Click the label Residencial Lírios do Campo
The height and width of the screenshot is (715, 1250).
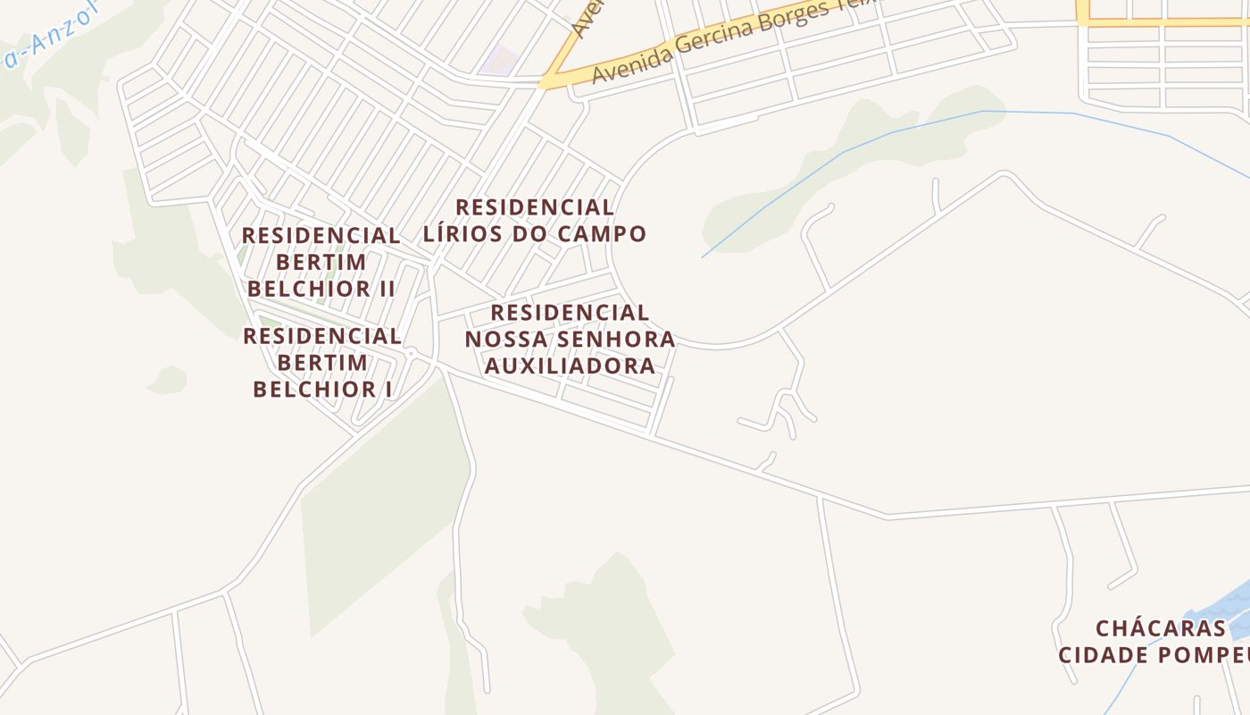coord(534,221)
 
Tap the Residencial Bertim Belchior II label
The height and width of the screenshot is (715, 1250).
coord(321,262)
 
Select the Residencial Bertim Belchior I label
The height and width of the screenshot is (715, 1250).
coord(322,362)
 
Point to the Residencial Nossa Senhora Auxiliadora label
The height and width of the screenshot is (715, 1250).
coord(570,339)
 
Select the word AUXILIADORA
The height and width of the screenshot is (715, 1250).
coord(570,366)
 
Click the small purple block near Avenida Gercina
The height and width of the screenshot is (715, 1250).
coord(500,61)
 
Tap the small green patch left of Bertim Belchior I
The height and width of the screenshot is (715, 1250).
coord(168,380)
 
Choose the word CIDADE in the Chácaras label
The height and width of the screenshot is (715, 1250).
coord(1104,654)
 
